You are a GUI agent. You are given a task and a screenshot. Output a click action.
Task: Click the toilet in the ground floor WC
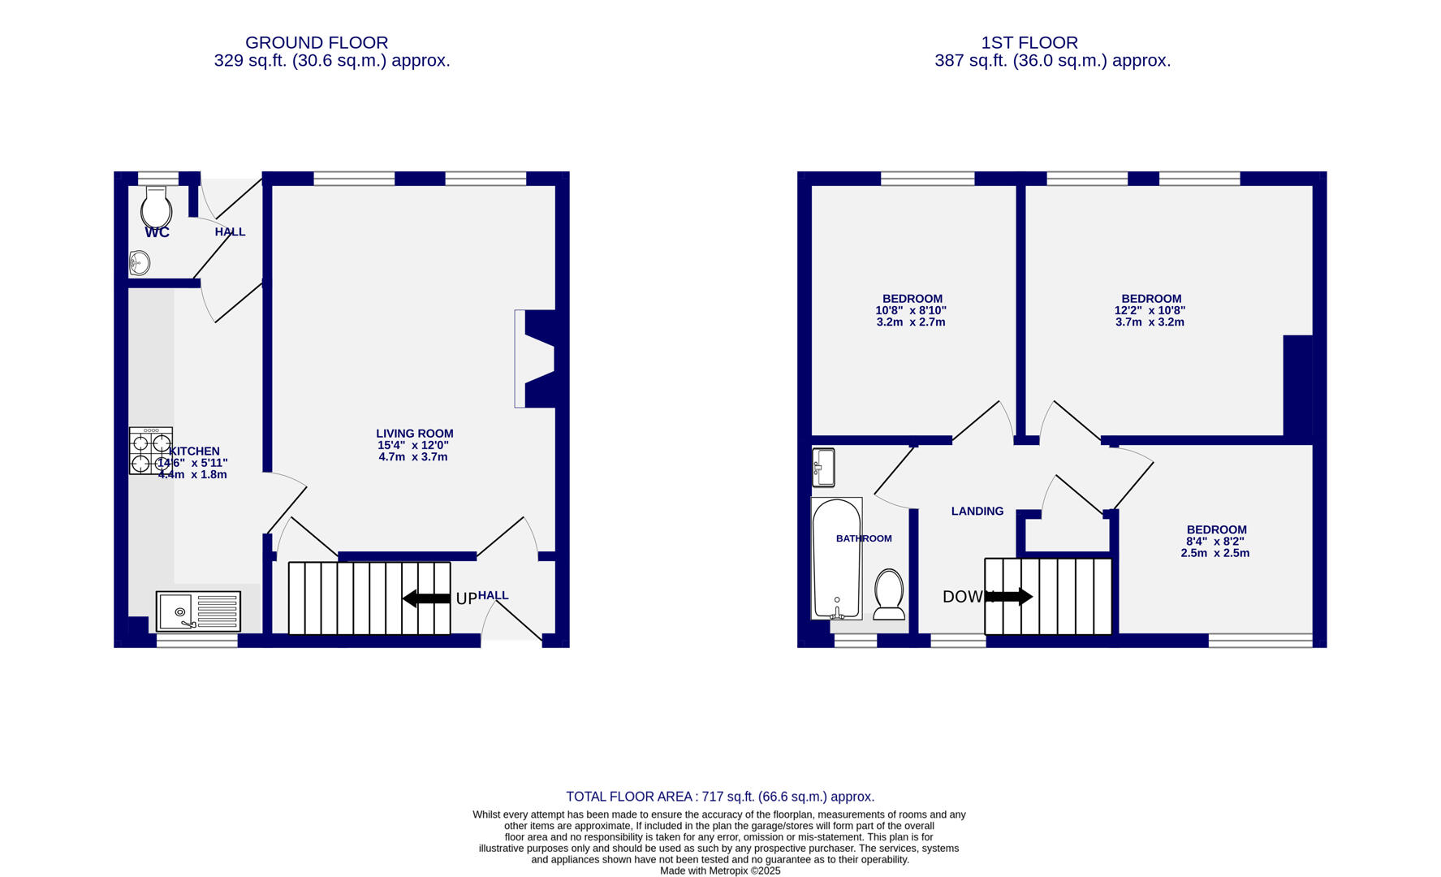[156, 209]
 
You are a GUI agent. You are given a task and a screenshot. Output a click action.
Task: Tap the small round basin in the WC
[140, 263]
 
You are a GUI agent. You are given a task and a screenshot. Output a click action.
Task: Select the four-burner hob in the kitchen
[150, 451]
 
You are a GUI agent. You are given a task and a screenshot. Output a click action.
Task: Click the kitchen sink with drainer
[198, 611]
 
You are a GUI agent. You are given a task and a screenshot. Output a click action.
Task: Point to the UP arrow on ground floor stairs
[426, 598]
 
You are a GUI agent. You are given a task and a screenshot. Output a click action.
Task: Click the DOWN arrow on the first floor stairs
[1008, 597]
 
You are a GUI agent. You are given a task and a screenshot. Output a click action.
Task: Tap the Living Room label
[414, 434]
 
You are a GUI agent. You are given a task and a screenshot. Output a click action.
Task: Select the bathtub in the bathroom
[836, 559]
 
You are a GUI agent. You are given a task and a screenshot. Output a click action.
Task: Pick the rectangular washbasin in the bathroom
[823, 467]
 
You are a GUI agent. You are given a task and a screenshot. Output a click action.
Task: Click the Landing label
[977, 511]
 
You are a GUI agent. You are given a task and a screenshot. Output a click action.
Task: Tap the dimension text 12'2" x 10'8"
[1150, 310]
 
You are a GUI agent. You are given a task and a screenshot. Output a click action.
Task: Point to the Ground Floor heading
[317, 42]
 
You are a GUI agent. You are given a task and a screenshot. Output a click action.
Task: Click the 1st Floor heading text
[1029, 42]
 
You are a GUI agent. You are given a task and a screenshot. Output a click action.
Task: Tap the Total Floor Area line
[719, 797]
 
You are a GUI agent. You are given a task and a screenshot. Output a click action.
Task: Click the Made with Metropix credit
[720, 871]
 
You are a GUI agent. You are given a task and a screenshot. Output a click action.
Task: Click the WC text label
[157, 233]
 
